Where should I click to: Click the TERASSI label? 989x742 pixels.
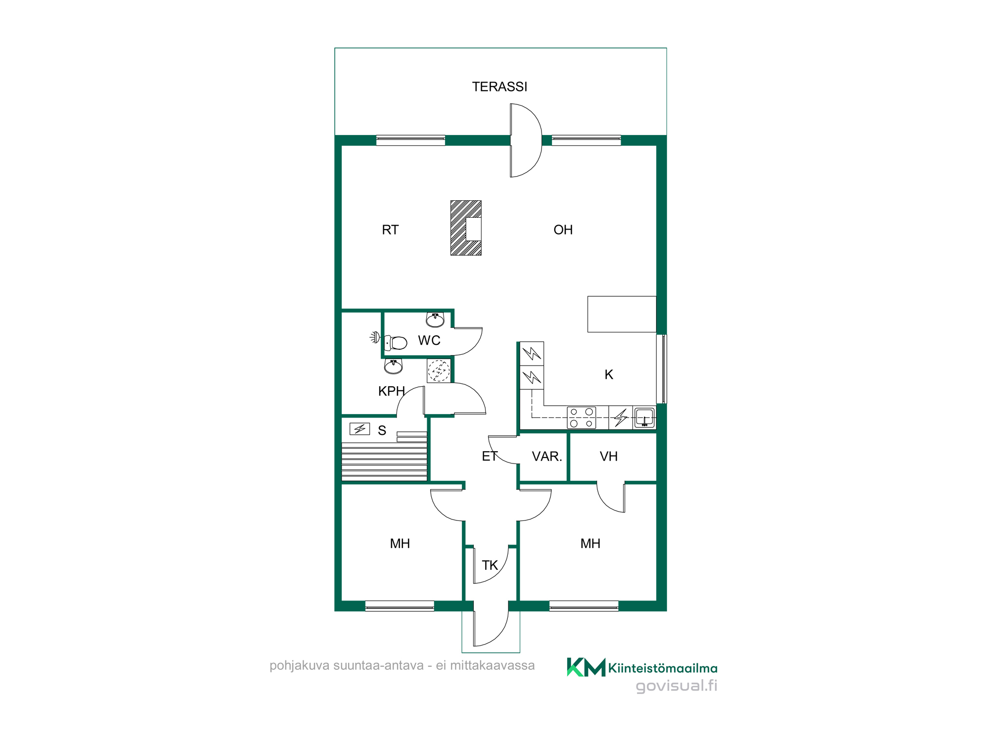(499, 87)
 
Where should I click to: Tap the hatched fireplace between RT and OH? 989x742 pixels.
(466, 228)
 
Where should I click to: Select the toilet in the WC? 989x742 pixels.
(396, 342)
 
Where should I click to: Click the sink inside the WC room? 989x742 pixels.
(435, 320)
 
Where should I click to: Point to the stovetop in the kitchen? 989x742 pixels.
(582, 417)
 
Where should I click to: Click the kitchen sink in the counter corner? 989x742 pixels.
(645, 417)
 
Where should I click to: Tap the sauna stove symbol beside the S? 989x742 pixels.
(360, 429)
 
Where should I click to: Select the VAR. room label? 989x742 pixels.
(547, 456)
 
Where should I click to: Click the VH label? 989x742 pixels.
(609, 456)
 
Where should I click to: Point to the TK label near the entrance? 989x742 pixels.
(490, 565)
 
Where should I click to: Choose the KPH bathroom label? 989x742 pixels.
(392, 391)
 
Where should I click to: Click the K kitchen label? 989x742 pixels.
(609, 374)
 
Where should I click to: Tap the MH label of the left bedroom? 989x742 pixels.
(400, 544)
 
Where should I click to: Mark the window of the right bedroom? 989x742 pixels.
(584, 606)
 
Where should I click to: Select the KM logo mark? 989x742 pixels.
(586, 667)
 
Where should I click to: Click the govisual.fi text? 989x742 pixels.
(676, 686)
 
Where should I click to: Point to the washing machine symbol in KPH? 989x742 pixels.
(439, 371)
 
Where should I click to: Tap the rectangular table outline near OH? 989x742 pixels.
(622, 314)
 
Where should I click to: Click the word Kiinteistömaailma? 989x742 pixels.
(663, 668)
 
